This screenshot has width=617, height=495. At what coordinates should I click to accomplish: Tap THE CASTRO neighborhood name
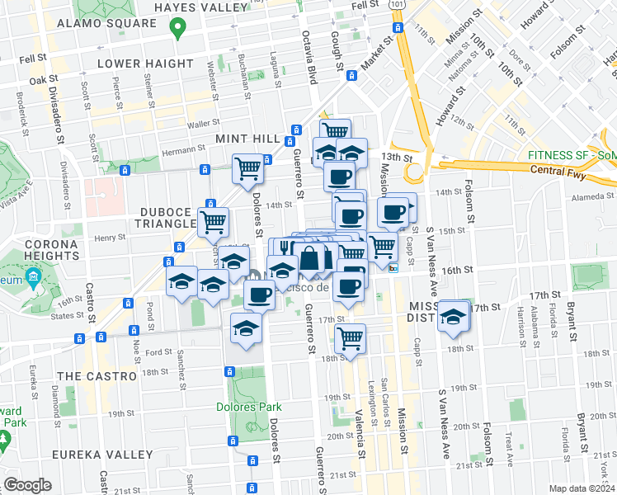pyautogui.click(x=97, y=375)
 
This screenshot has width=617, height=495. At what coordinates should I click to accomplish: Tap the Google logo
pyautogui.click(x=27, y=484)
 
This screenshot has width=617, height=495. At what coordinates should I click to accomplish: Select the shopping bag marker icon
pyautogui.click(x=310, y=258)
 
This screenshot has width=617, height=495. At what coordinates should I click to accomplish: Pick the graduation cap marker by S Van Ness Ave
pyautogui.click(x=453, y=317)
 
